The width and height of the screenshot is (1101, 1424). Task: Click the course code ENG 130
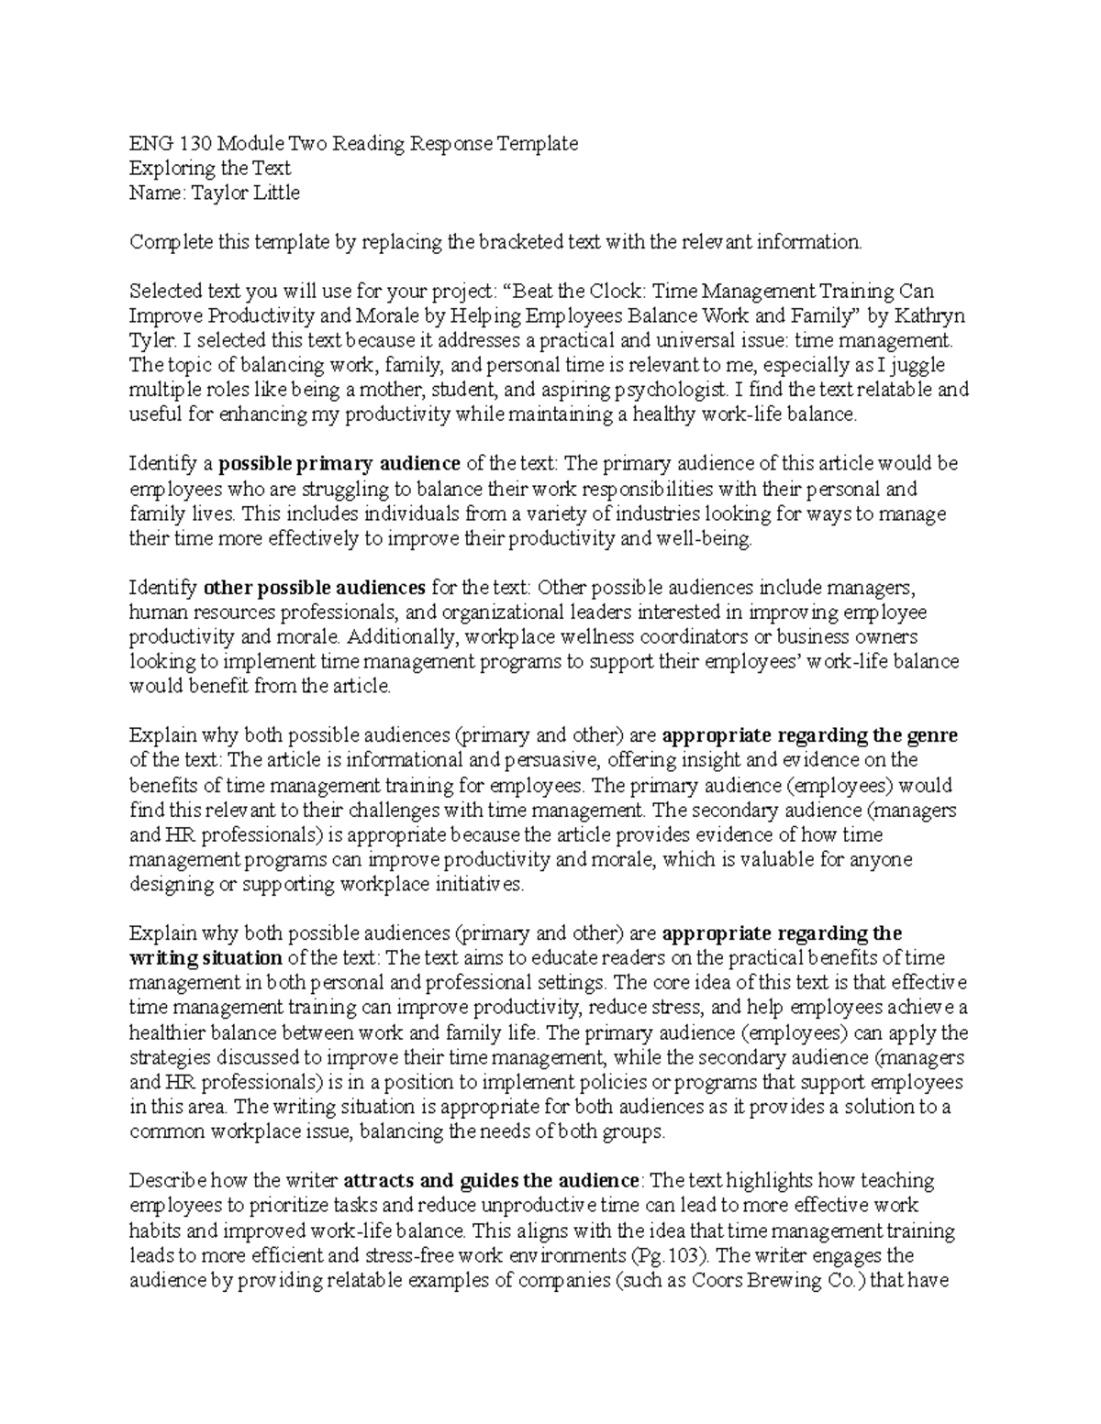click(159, 143)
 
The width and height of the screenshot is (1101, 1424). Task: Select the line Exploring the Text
click(210, 168)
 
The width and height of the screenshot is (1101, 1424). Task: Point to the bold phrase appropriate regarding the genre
click(809, 735)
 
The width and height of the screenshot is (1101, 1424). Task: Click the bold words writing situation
click(206, 958)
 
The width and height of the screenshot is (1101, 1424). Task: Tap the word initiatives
click(476, 885)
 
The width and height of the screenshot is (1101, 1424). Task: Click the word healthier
click(166, 1032)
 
